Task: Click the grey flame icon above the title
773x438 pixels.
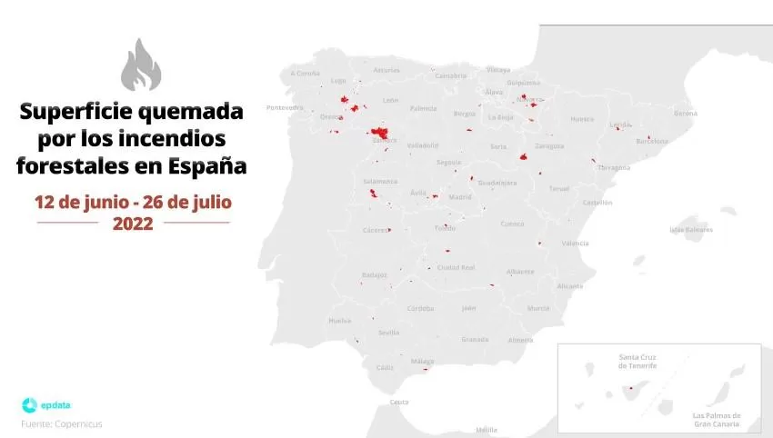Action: click(140, 65)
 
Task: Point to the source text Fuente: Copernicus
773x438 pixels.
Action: click(62, 423)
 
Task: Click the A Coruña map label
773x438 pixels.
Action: click(306, 73)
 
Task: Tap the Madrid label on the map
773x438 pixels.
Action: click(460, 196)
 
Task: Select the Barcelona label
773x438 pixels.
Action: click(651, 141)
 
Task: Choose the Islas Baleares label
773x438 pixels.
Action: click(691, 230)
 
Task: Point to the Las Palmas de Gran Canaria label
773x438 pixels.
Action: click(717, 420)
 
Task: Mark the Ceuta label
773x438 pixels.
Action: click(399, 402)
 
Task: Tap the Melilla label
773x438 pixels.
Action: click(487, 429)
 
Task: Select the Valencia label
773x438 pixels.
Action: click(575, 243)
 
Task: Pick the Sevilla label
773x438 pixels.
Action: click(388, 333)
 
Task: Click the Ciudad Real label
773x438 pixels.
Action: click(457, 267)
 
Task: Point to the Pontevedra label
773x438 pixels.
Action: click(284, 107)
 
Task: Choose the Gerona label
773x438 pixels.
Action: click(685, 114)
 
